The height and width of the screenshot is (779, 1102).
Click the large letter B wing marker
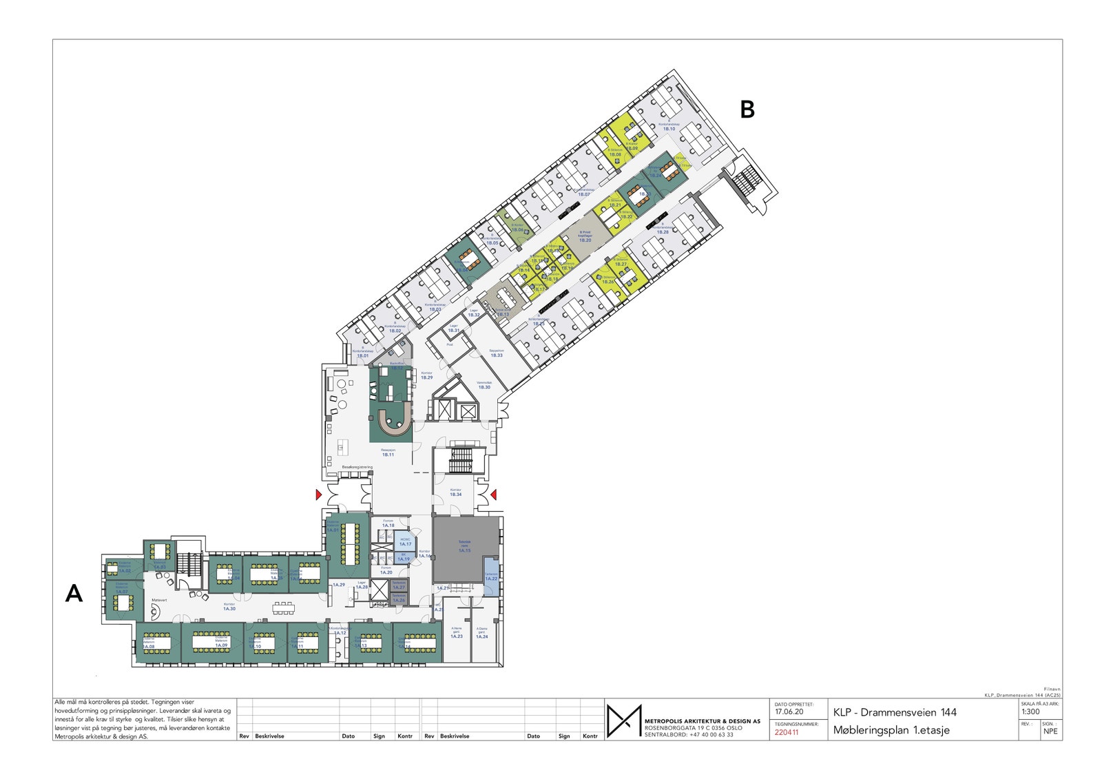tap(747, 110)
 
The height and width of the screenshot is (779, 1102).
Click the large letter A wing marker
tap(74, 594)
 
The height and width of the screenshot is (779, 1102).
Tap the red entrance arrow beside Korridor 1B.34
tap(494, 494)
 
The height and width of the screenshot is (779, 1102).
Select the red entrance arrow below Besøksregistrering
tap(318, 495)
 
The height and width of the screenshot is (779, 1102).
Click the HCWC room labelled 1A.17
tap(405, 542)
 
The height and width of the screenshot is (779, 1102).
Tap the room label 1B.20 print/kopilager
tap(585, 238)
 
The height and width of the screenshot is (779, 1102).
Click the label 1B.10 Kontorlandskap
tap(669, 127)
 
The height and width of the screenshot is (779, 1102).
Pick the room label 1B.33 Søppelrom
tap(496, 353)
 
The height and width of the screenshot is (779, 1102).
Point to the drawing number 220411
tap(787, 732)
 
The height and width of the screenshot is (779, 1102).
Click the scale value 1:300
tap(1030, 712)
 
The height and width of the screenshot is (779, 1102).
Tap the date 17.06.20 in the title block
tap(789, 712)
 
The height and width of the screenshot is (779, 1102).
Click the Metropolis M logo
tap(624, 720)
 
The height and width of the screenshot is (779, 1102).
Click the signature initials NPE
tap(1050, 731)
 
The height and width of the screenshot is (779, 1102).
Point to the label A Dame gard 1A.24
tap(481, 634)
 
